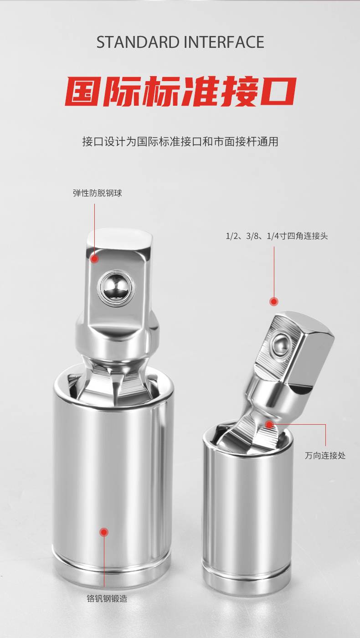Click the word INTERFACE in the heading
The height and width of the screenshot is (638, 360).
(224, 42)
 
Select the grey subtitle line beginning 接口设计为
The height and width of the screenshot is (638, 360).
(180, 141)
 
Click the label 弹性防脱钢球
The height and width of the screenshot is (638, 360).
(98, 193)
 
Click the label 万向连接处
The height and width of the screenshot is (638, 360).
(325, 455)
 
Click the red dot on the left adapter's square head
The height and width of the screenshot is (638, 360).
(94, 259)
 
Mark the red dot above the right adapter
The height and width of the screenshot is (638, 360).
(274, 301)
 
